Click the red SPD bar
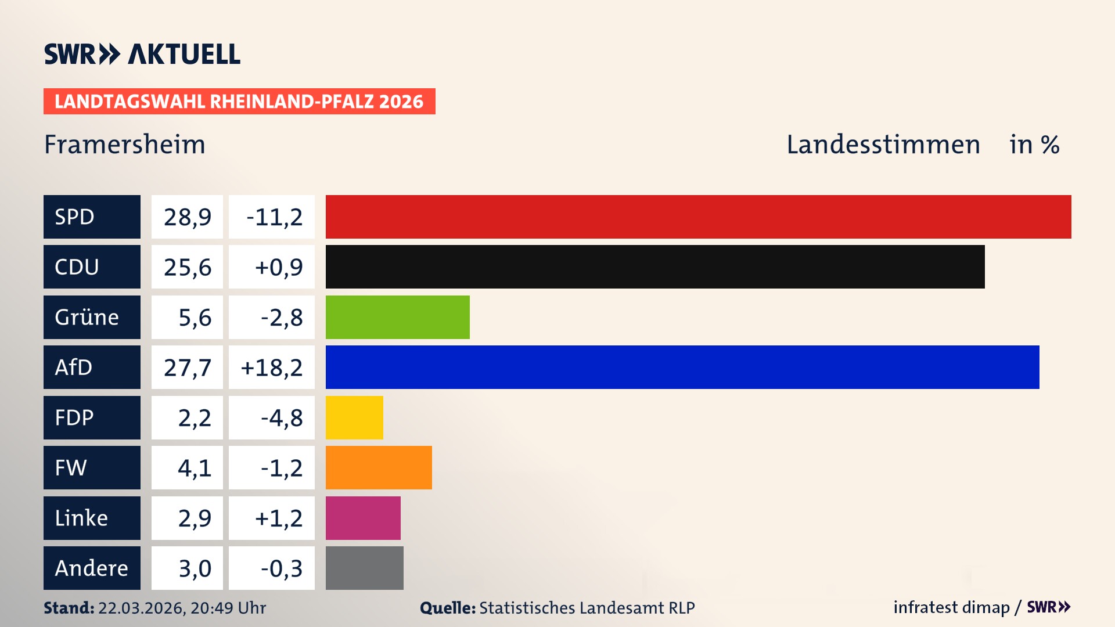tap(698, 217)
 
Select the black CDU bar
tap(654, 266)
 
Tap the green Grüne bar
tap(397, 317)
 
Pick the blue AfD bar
tap(682, 367)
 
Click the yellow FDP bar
tap(354, 417)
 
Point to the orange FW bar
tap(379, 467)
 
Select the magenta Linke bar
tap(363, 518)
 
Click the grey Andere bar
tap(364, 568)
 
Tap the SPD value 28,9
tap(187, 217)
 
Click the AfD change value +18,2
tap(272, 367)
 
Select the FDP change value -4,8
tap(281, 418)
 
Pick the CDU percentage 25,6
tap(187, 267)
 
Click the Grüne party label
tap(87, 317)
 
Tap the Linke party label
tap(81, 518)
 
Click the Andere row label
tap(91, 568)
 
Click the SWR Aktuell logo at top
tap(142, 54)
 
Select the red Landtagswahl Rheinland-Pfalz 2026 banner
tap(239, 101)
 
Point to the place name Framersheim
tap(125, 144)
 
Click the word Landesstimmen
tap(883, 144)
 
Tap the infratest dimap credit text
tap(951, 607)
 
